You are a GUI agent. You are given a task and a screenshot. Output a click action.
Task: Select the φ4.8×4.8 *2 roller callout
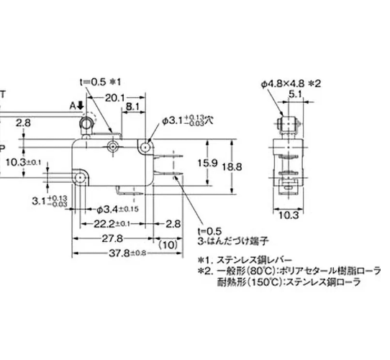point(286,84)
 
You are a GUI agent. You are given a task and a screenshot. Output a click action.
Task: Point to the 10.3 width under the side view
point(286,214)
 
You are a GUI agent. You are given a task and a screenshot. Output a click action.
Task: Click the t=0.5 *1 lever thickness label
point(101,81)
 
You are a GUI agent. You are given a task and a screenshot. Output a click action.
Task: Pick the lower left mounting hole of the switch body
point(79,178)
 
